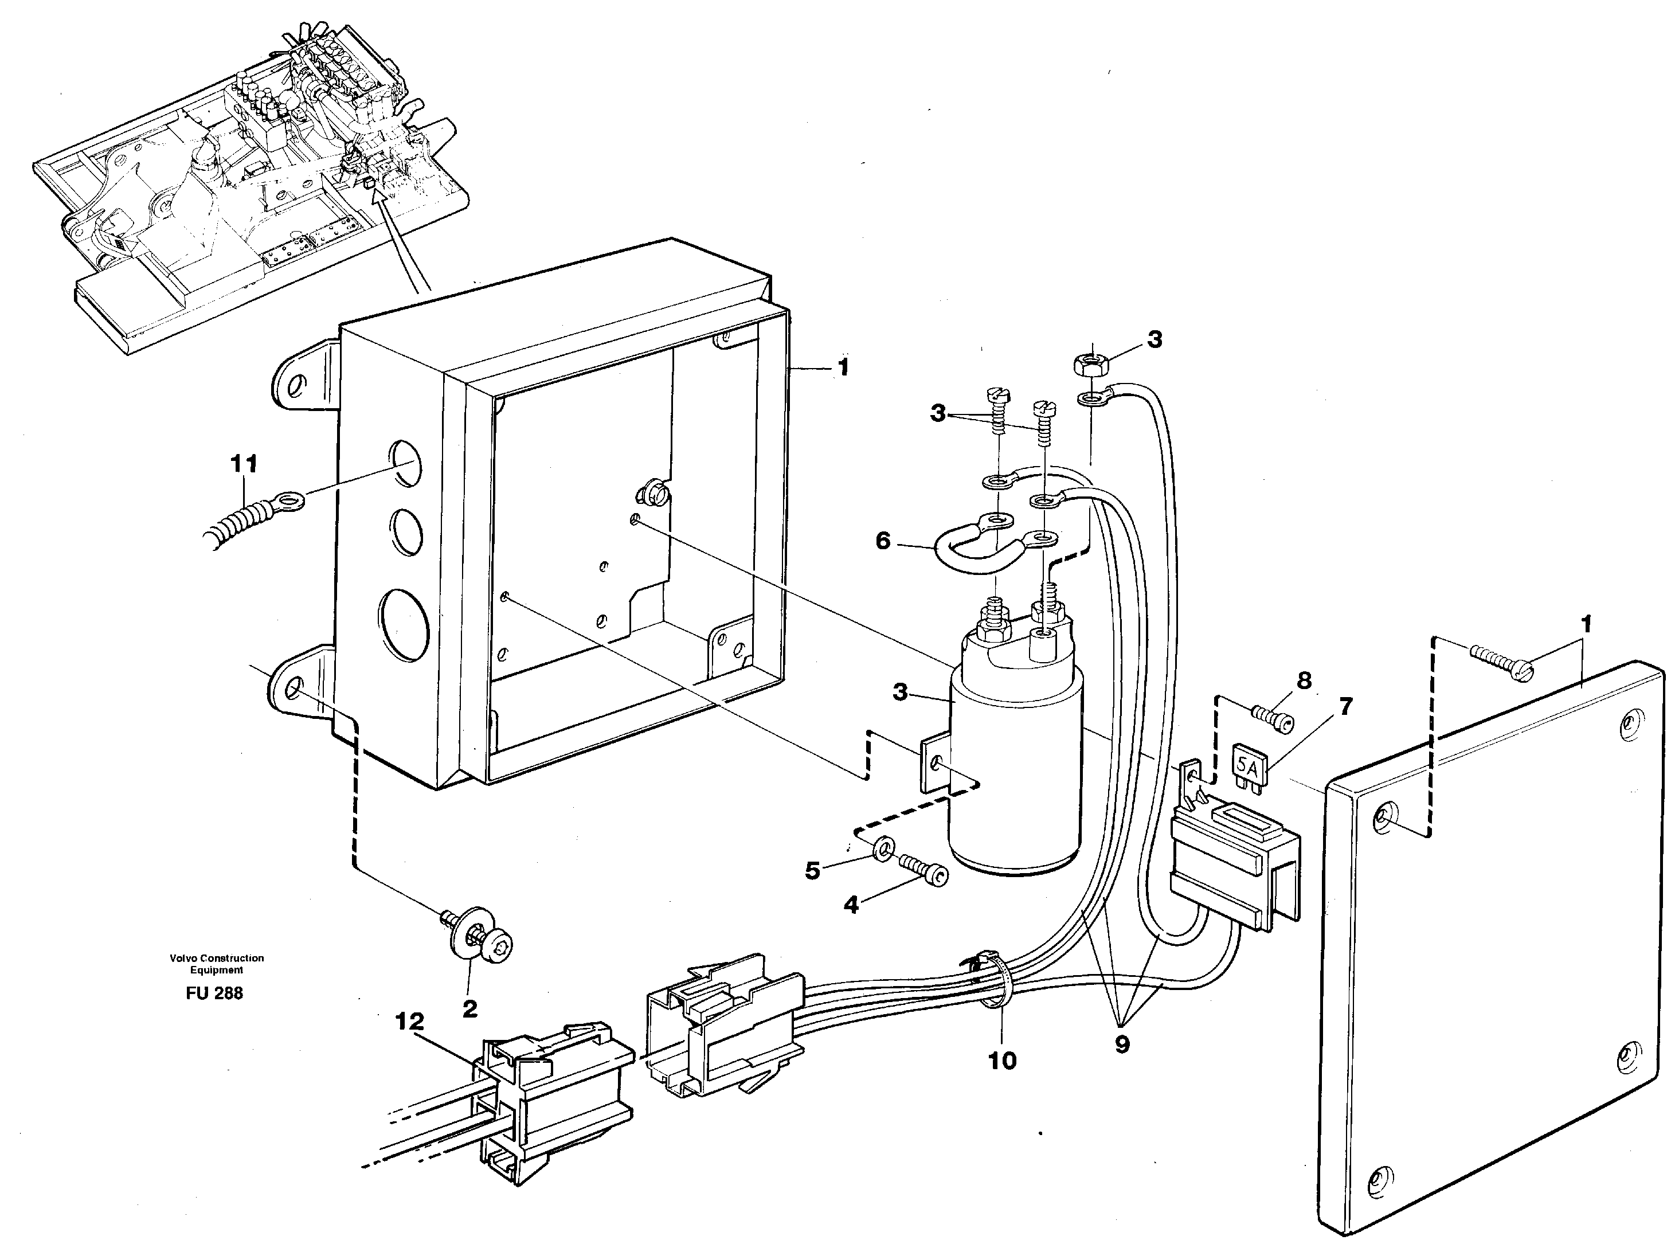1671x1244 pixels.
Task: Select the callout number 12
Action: coord(410,1022)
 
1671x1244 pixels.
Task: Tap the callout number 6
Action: coord(883,541)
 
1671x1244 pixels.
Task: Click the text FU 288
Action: coord(214,993)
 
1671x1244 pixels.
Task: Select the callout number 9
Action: coord(1122,1045)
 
